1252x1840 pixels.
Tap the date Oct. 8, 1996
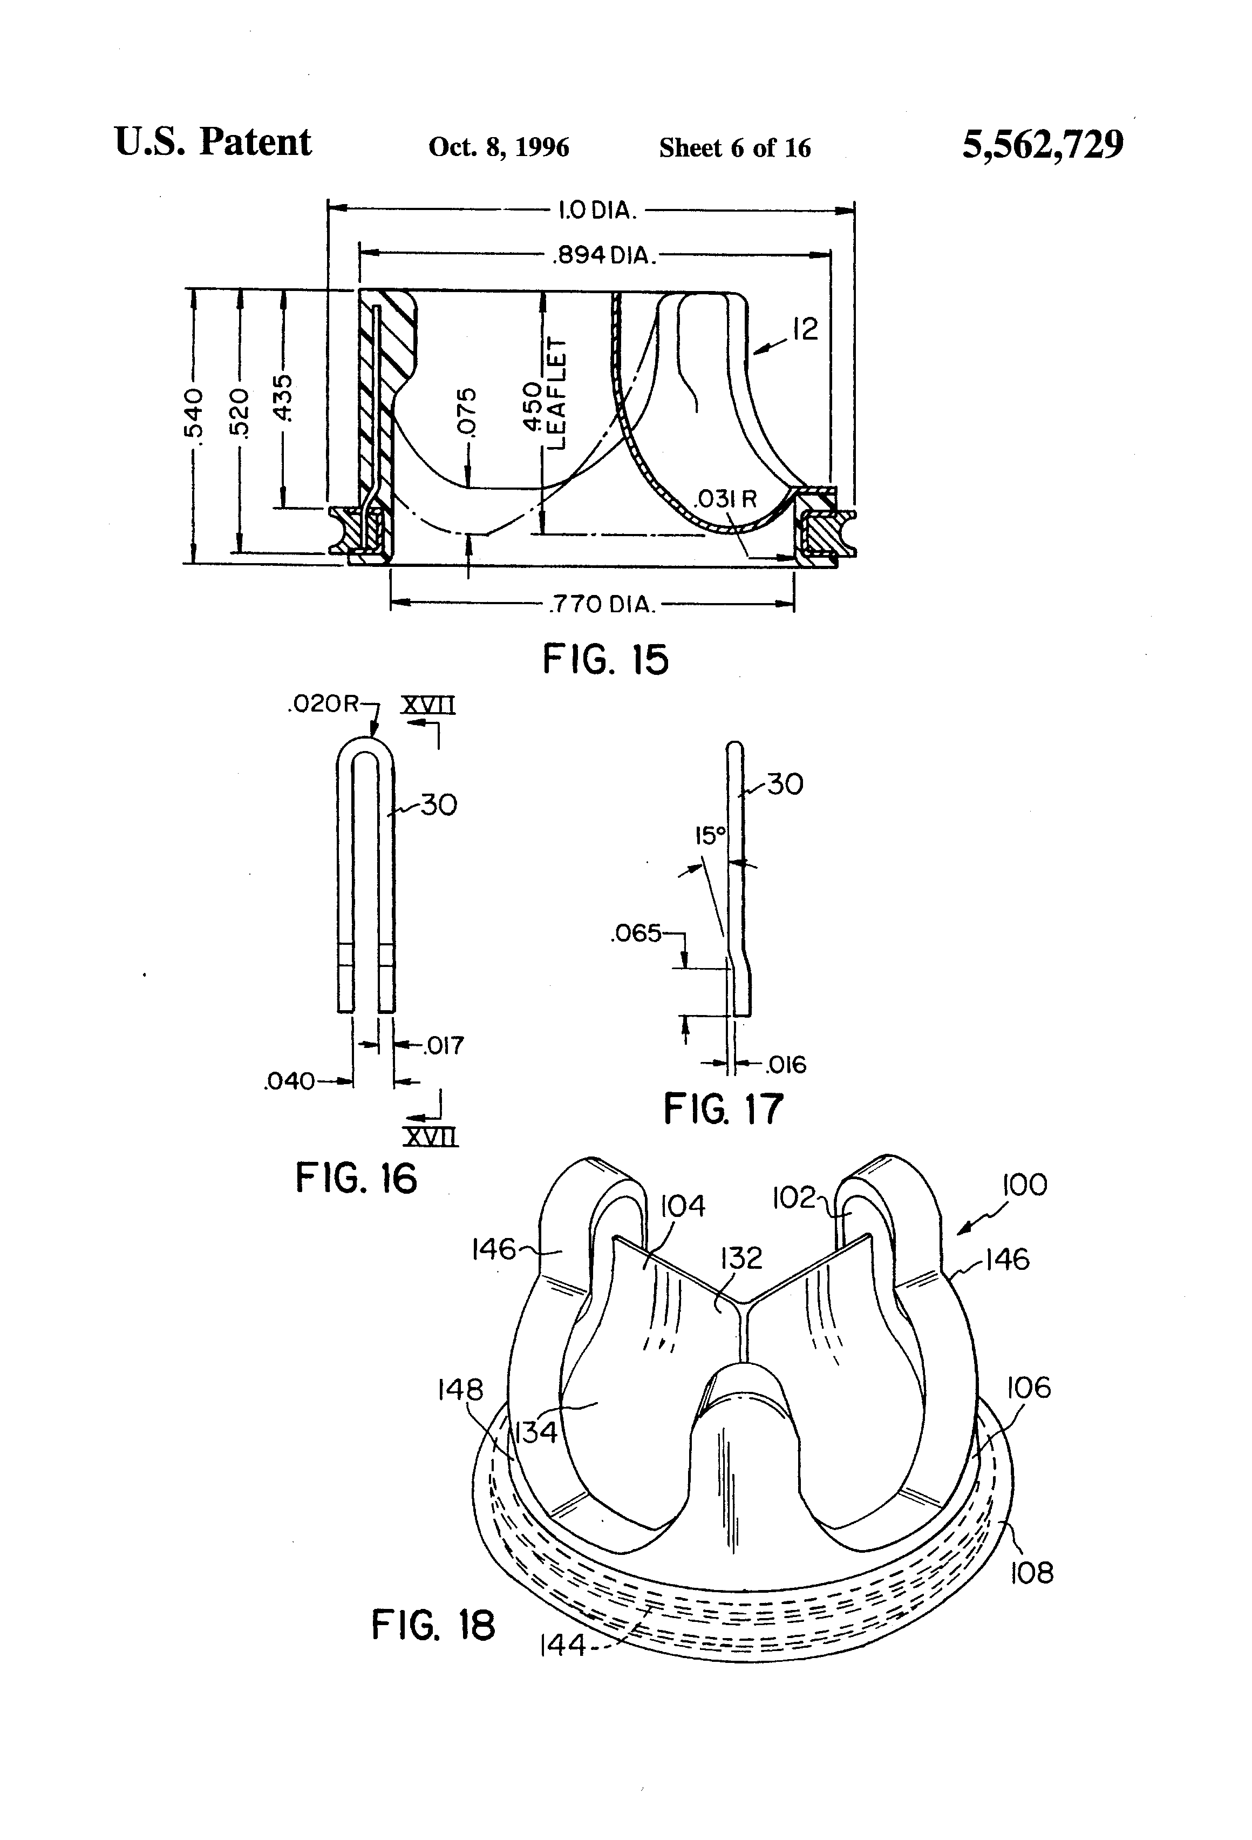(x=499, y=147)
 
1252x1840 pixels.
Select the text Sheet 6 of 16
(x=735, y=147)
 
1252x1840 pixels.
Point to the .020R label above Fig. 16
(x=324, y=704)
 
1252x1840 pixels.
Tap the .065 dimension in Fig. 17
(x=636, y=933)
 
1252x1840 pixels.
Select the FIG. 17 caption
(x=723, y=1108)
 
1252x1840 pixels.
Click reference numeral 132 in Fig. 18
(x=741, y=1257)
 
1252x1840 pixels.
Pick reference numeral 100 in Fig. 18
(x=1025, y=1185)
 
